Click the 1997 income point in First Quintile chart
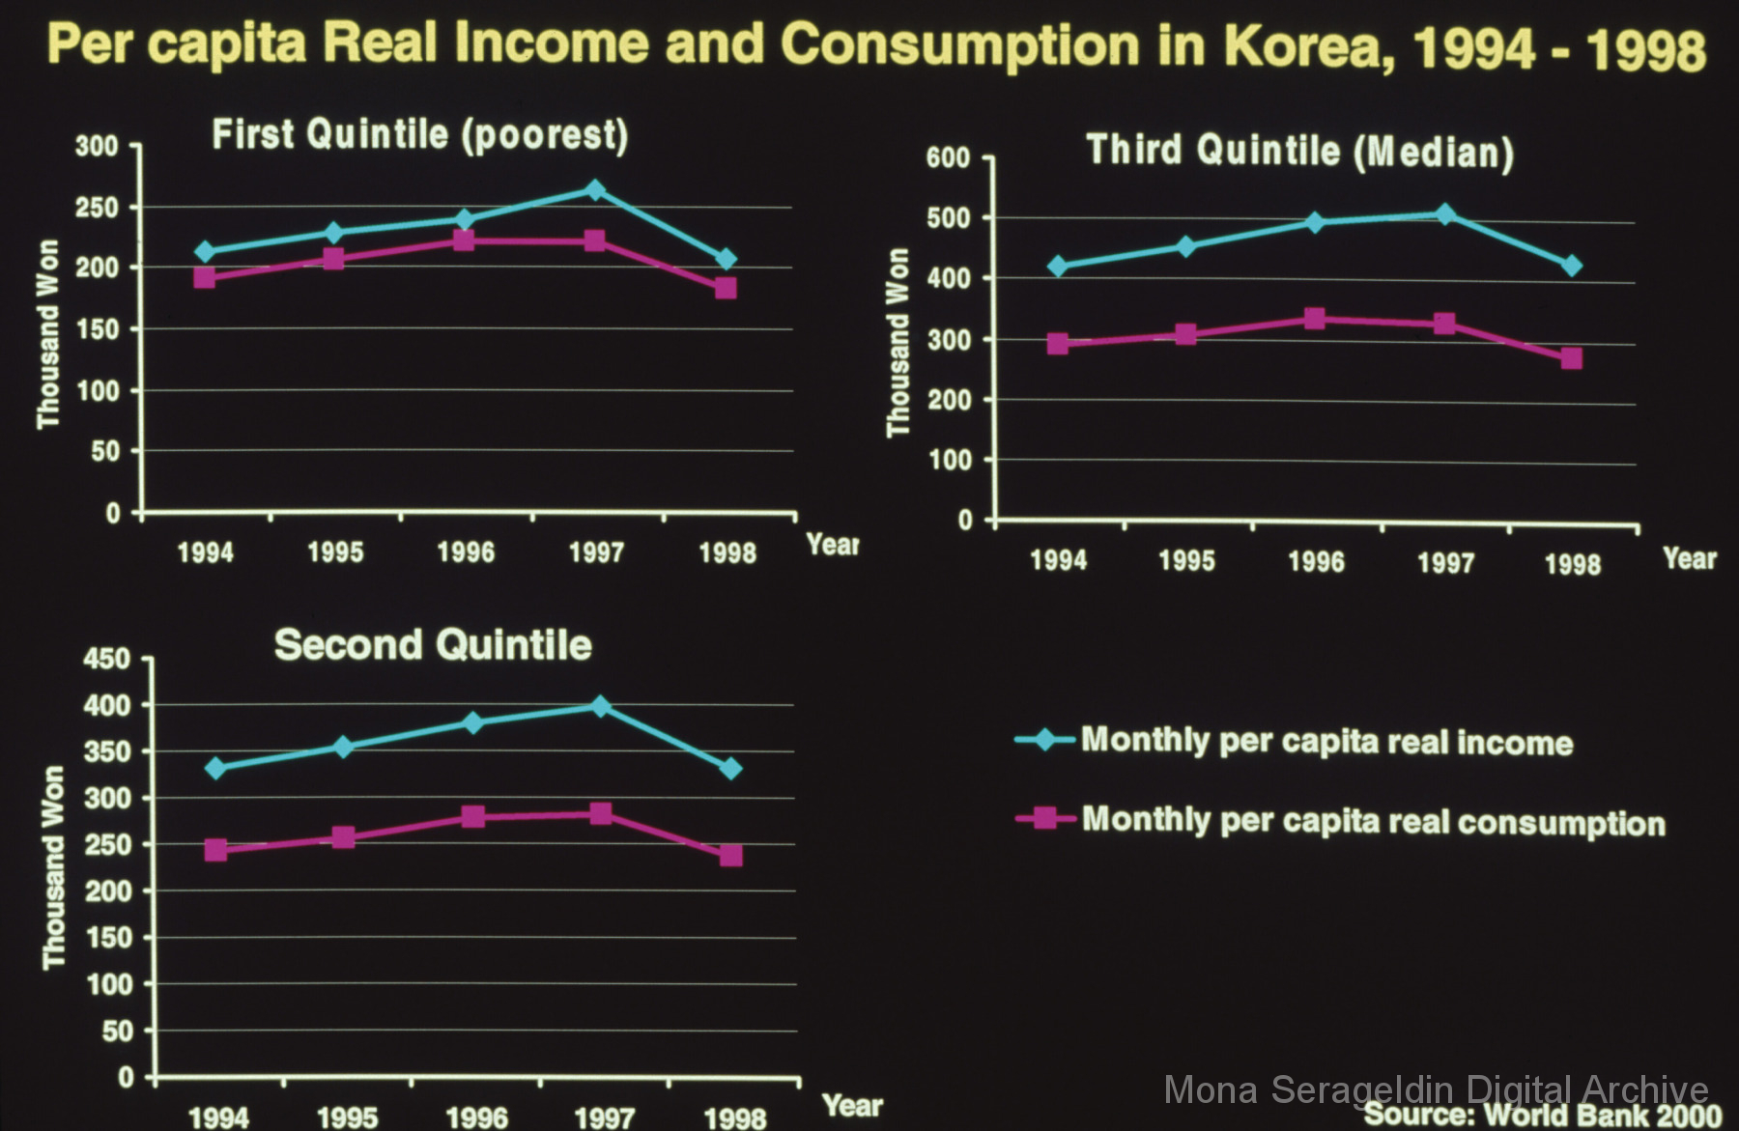pyautogui.click(x=594, y=190)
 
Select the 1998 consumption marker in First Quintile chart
pyautogui.click(x=726, y=288)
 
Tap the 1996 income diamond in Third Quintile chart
pyautogui.click(x=1315, y=222)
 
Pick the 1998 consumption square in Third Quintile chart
pyautogui.click(x=1572, y=358)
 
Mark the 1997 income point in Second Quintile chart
pyautogui.click(x=600, y=706)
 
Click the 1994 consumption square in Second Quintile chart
pyautogui.click(x=215, y=850)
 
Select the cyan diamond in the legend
pyautogui.click(x=1044, y=741)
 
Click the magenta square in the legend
pyautogui.click(x=1044, y=819)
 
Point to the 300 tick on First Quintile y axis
pyautogui.click(x=97, y=147)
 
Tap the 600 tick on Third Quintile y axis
pyautogui.click(x=948, y=157)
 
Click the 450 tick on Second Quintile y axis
pyautogui.click(x=106, y=660)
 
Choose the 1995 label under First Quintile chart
pyautogui.click(x=335, y=552)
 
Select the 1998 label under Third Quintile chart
pyautogui.click(x=1573, y=564)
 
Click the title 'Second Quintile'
pyautogui.click(x=433, y=645)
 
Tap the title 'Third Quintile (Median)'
pyautogui.click(x=1299, y=152)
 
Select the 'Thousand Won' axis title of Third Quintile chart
pyautogui.click(x=898, y=343)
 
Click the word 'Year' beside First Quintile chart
pyautogui.click(x=832, y=545)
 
